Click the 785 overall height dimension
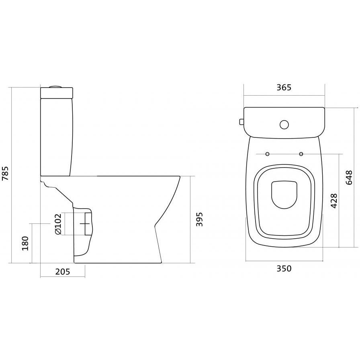tap(5, 173)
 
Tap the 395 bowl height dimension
tap(199, 219)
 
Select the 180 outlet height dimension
tap(25, 243)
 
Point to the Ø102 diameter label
tap(58, 224)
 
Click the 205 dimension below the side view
tap(62, 272)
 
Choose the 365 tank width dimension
tap(284, 88)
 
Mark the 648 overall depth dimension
tap(349, 178)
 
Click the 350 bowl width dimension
tap(284, 268)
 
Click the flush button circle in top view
tap(284, 125)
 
